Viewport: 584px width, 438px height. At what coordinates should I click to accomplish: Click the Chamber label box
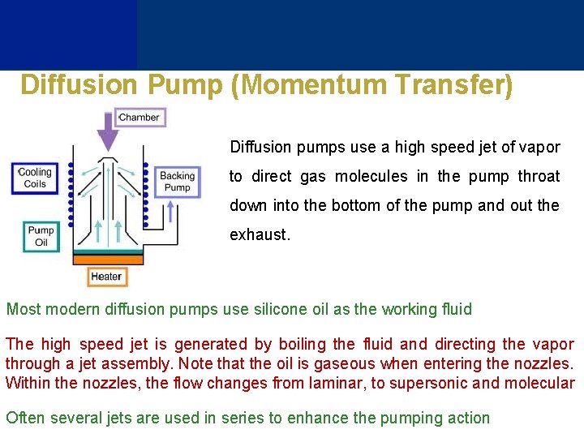pyautogui.click(x=140, y=118)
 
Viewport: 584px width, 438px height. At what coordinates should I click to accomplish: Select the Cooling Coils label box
pyautogui.click(x=34, y=178)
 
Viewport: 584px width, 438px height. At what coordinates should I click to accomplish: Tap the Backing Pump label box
pyautogui.click(x=177, y=181)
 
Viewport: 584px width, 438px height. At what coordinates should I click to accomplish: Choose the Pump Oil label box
pyautogui.click(x=41, y=236)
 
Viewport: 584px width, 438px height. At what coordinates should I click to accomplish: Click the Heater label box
pyautogui.click(x=106, y=277)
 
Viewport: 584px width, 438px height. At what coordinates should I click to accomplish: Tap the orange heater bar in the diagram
pyautogui.click(x=107, y=259)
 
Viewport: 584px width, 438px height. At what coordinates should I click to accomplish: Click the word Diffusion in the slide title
pyautogui.click(x=79, y=85)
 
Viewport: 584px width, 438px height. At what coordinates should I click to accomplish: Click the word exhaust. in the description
pyautogui.click(x=260, y=235)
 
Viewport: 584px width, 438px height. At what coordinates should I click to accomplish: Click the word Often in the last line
pyautogui.click(x=25, y=419)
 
